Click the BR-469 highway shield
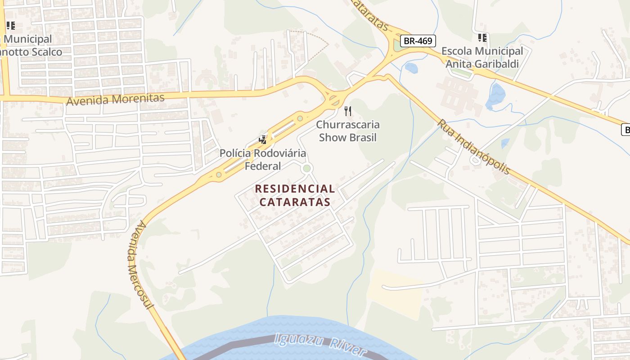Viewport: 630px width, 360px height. pos(418,41)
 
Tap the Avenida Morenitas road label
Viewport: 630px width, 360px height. pos(115,99)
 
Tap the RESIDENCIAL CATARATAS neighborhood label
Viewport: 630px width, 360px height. pos(295,195)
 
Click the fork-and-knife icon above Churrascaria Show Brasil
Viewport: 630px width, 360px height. pos(348,111)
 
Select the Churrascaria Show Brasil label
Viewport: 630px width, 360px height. pos(348,131)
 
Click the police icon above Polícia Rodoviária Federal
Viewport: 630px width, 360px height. pos(263,140)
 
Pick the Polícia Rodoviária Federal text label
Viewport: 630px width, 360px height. pos(263,159)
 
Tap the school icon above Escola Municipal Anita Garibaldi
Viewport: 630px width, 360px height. pos(482,38)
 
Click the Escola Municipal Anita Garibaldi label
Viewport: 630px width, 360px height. pos(482,58)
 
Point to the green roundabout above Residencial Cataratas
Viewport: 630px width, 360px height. pos(307,168)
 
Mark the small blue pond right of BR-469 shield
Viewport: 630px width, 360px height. pos(411,68)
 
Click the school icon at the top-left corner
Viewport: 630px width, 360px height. pos(10,26)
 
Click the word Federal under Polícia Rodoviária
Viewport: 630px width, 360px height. pos(263,166)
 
